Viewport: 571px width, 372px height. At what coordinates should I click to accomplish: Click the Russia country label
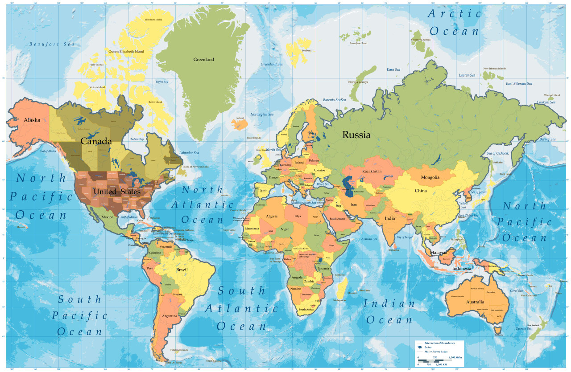356,135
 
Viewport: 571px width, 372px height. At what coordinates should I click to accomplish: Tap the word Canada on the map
96,141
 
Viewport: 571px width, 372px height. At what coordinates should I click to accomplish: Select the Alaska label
32,120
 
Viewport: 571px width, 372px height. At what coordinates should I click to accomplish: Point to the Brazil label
182,270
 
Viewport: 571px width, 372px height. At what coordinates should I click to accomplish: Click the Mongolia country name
430,177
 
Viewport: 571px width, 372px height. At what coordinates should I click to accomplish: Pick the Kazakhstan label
372,172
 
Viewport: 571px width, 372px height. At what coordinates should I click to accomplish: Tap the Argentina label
170,316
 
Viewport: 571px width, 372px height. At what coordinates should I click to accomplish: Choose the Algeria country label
272,216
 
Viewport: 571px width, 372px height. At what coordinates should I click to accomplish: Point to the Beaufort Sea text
51,44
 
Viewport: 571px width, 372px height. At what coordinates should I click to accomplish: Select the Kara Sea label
393,69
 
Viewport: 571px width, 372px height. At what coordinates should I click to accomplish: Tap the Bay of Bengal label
404,237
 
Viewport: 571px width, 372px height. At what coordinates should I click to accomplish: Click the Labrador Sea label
189,153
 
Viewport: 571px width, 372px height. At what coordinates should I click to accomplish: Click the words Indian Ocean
389,312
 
